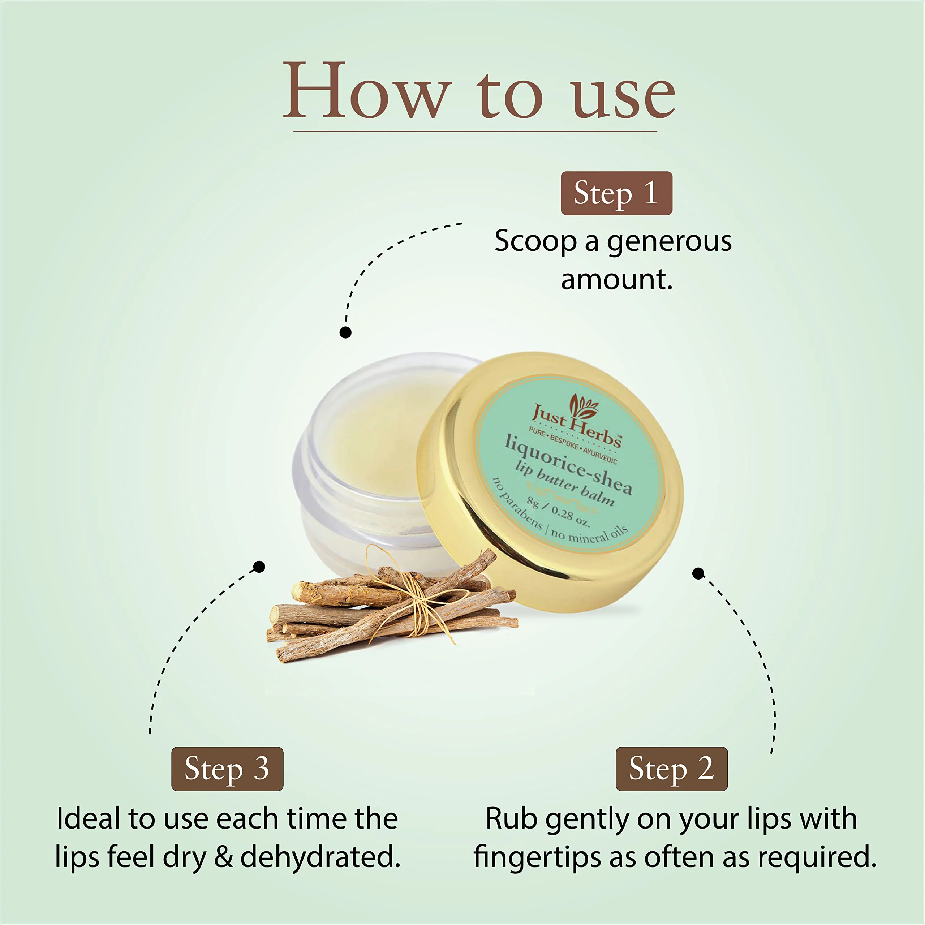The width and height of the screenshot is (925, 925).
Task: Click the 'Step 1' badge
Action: [x=616, y=193]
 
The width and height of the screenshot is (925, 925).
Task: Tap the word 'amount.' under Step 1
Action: [x=617, y=280]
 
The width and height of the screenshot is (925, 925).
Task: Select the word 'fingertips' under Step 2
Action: [x=537, y=857]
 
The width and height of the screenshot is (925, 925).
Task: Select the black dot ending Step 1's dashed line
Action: [x=345, y=332]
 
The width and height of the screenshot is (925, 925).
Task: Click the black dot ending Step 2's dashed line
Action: [x=698, y=573]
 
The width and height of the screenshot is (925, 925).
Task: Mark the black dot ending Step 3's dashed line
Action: [x=259, y=567]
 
